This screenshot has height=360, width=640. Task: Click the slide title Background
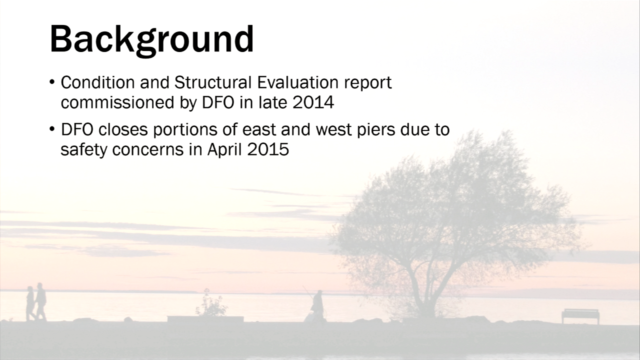pos(151,40)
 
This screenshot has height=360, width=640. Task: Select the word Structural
pos(213,82)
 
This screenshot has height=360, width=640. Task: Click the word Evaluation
pos(297,82)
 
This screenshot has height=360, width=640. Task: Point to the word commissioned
pos(117,102)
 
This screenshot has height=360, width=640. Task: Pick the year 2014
pos(313,102)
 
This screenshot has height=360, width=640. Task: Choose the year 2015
pos(268,149)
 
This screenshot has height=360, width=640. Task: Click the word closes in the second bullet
pos(123,129)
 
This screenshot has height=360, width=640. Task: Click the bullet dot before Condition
pos(51,82)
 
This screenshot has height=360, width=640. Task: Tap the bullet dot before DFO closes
pos(51,129)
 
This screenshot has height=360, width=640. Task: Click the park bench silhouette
pos(580,315)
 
